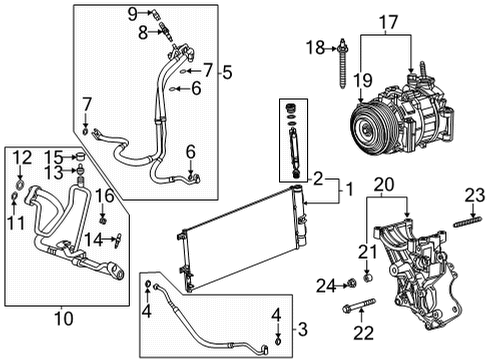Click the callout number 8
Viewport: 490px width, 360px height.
pyautogui.click(x=142, y=32)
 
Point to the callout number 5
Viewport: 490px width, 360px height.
pyautogui.click(x=227, y=71)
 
